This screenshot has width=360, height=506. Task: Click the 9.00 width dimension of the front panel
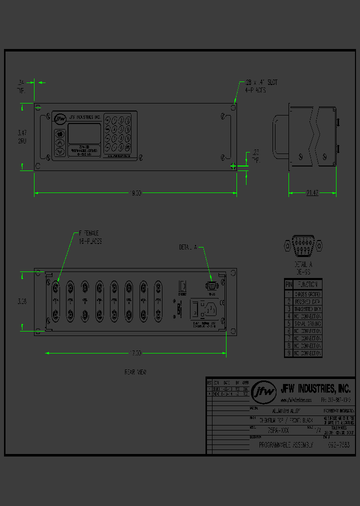click(x=136, y=193)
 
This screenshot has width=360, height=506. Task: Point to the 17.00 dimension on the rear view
click(x=135, y=353)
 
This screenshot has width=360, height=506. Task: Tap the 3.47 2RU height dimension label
click(x=22, y=136)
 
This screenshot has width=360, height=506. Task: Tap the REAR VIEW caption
click(x=135, y=372)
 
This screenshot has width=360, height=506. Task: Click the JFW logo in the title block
click(x=263, y=392)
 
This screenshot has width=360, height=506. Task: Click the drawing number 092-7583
click(x=338, y=445)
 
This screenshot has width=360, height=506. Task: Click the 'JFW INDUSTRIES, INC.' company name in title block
click(x=315, y=388)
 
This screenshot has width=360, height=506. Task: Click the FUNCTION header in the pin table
click(x=307, y=283)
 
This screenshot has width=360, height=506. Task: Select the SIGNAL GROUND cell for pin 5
click(x=307, y=324)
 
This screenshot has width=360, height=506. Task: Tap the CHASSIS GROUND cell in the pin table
click(x=307, y=294)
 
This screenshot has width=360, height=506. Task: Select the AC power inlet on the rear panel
click(x=206, y=309)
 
